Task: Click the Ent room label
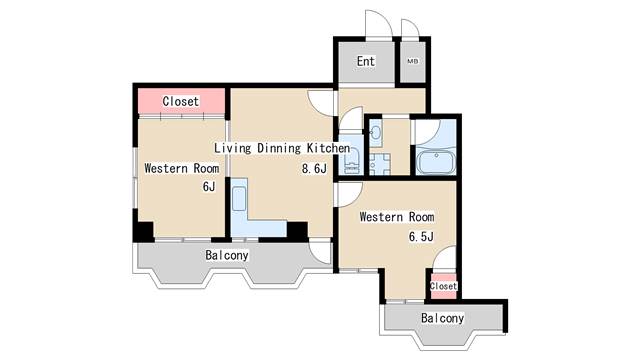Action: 365,61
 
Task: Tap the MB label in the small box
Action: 413,62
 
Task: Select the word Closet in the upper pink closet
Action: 180,101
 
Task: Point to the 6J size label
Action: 209,187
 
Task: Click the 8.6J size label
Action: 314,168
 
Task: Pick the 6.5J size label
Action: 421,236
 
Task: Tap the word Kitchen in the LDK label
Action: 328,148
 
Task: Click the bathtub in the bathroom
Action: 436,162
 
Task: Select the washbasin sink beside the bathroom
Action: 376,132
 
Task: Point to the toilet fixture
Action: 352,161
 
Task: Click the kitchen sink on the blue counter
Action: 239,198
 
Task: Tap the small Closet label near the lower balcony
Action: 443,286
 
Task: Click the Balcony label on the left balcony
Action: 227,256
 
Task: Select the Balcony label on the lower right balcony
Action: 442,318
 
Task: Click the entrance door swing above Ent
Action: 378,24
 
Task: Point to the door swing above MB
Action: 409,29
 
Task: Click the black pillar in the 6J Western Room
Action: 144,231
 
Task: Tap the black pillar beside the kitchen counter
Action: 298,231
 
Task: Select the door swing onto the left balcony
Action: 320,253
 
